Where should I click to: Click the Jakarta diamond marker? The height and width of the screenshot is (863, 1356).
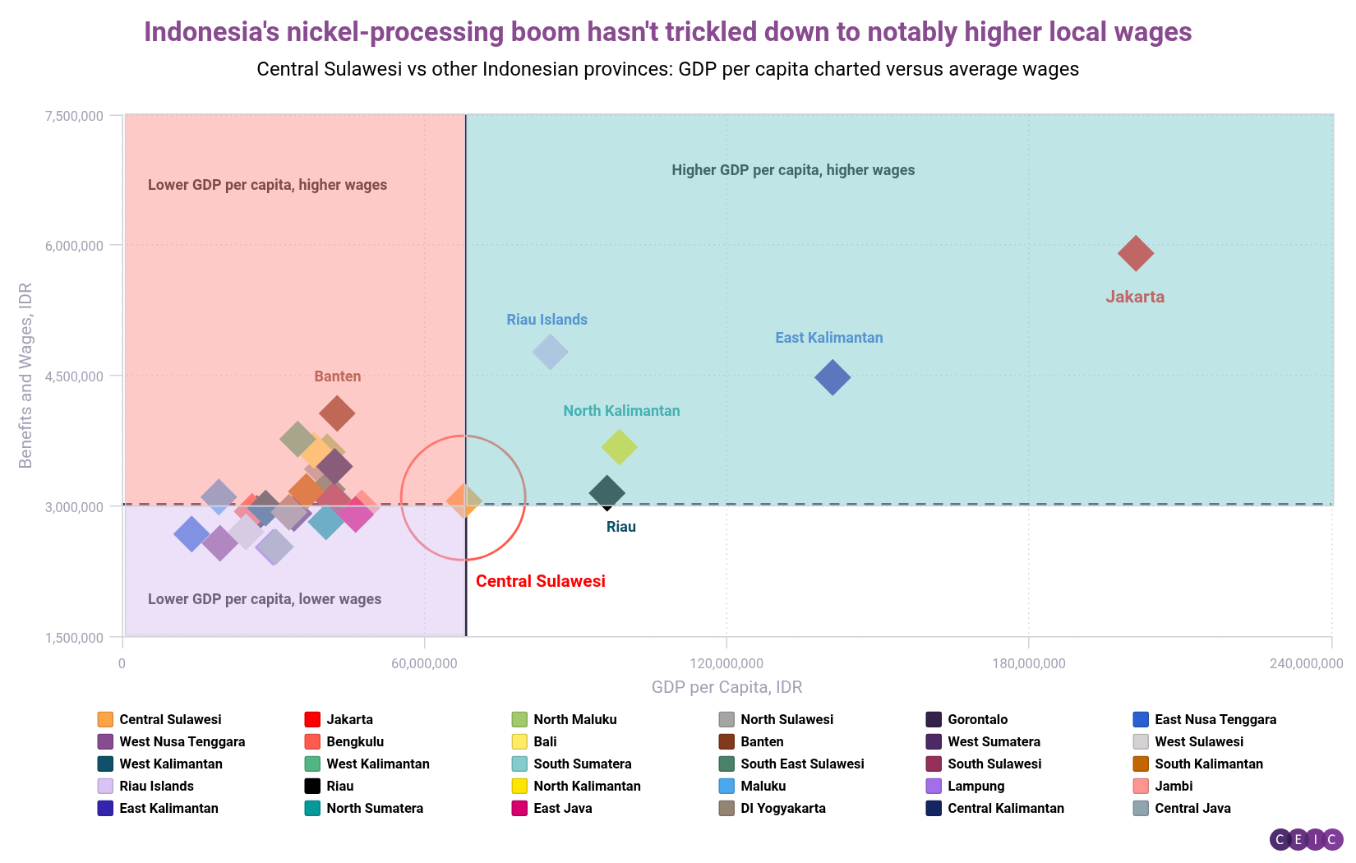(1136, 253)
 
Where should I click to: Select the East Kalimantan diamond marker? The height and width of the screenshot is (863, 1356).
(833, 377)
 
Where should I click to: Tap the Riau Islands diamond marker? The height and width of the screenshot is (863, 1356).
(550, 352)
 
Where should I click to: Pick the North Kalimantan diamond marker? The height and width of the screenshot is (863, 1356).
(619, 446)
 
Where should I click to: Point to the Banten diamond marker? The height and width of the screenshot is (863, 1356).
(337, 413)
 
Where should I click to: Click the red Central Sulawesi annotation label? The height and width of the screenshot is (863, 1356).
(540, 581)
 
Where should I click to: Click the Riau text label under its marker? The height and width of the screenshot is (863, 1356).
(620, 527)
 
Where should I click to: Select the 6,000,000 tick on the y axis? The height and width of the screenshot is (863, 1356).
(74, 246)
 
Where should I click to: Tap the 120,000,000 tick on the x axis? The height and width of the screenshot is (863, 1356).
(726, 663)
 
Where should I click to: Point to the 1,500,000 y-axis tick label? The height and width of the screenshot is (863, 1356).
(74, 638)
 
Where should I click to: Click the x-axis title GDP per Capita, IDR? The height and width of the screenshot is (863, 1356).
(726, 687)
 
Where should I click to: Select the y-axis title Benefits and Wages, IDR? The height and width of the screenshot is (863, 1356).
(25, 376)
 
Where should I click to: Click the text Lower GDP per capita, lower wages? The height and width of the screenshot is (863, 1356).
(264, 599)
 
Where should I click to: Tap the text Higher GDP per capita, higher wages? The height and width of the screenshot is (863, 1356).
(792, 170)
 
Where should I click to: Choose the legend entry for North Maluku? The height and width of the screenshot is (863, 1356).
(574, 719)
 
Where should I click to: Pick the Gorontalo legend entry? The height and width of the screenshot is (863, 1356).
(976, 719)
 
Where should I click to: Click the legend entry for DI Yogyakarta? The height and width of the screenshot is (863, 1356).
(782, 808)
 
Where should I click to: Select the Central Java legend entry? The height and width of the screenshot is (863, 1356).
(1192, 808)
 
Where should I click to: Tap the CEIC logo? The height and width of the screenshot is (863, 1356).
(1306, 839)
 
